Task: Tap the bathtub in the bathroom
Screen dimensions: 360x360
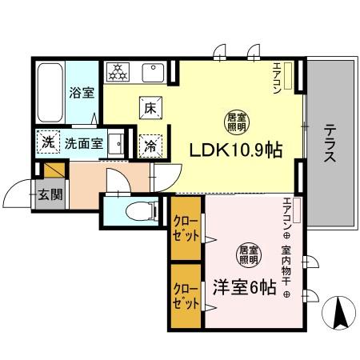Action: (50, 92)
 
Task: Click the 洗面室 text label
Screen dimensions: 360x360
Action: (82, 144)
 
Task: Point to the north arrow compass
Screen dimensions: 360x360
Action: (341, 312)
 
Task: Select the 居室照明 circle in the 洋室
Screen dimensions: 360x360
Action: (246, 255)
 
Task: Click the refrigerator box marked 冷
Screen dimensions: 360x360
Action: (150, 146)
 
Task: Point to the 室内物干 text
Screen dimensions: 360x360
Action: (286, 268)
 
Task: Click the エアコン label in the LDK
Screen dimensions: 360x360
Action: (278, 79)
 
